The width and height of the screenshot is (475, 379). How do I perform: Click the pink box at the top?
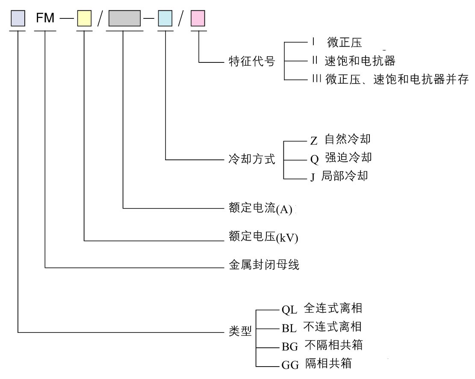[x=198, y=18]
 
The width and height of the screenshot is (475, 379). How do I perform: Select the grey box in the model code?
[x=124, y=18]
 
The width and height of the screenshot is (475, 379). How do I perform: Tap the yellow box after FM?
[x=84, y=18]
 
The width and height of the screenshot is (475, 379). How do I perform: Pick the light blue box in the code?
[x=165, y=18]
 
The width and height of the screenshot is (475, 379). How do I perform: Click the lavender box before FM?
[x=18, y=18]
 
